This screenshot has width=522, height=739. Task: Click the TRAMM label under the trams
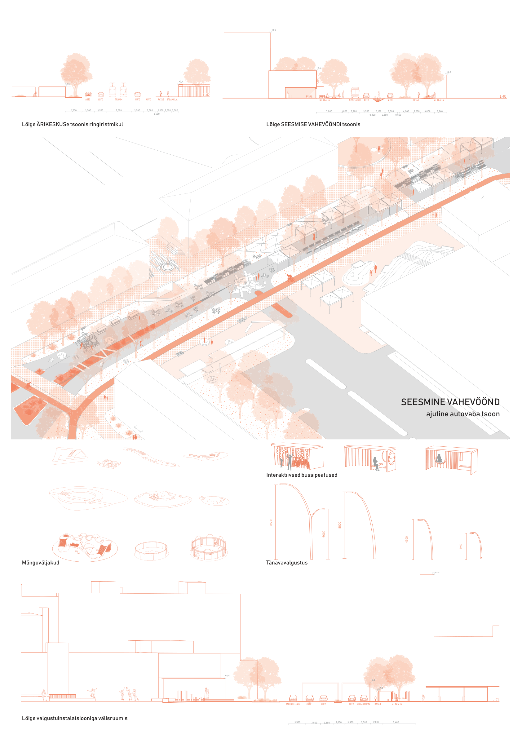point(119,100)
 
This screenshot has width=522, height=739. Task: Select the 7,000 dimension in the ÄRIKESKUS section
point(119,110)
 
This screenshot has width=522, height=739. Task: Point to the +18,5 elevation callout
point(273,30)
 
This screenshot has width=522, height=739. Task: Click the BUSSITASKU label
point(354,100)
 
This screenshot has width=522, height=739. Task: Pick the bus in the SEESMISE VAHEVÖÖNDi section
point(355,93)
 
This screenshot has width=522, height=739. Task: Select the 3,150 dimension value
point(378,111)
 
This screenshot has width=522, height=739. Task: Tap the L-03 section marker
point(503,96)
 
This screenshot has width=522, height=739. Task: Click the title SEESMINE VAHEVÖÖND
point(450,402)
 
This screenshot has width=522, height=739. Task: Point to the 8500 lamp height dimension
point(271,522)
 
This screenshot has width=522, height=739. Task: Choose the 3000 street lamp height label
point(461,546)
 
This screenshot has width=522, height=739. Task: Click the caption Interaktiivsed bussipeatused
point(302,475)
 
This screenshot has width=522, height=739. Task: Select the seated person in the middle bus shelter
point(376,463)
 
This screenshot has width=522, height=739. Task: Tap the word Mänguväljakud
point(41,563)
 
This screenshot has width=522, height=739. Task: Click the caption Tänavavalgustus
point(286,563)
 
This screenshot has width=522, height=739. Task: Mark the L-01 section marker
point(496,700)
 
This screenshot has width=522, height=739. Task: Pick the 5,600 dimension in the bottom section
point(396,722)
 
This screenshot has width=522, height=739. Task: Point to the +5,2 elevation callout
point(373,680)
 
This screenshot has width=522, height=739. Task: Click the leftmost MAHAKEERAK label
point(293,704)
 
